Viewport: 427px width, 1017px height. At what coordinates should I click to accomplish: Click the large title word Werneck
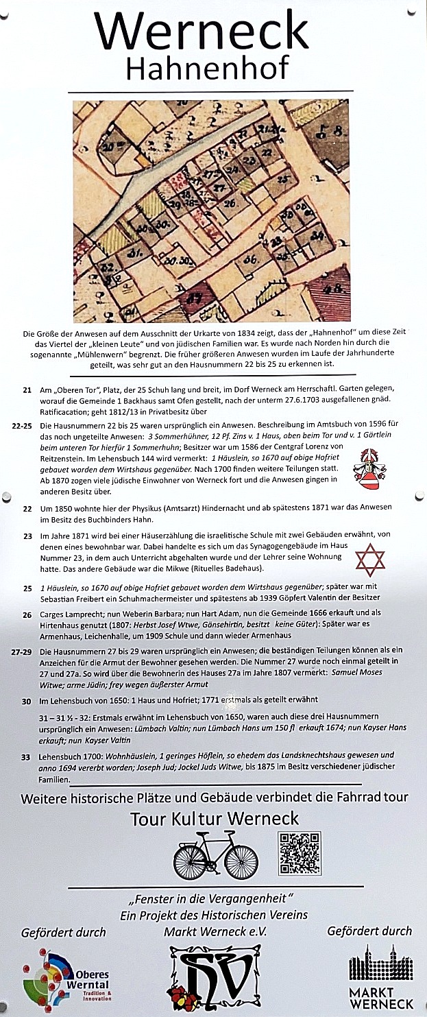click(202, 31)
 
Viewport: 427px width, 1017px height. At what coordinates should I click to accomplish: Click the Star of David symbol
click(369, 560)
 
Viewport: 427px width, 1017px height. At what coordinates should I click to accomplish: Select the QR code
click(300, 852)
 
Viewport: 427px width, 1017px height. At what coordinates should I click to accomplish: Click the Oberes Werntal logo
click(66, 977)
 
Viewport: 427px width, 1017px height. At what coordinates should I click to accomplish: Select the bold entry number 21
click(27, 390)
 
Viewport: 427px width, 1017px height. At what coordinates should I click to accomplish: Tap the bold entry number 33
click(26, 756)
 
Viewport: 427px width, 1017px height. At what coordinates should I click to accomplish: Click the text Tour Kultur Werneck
click(215, 818)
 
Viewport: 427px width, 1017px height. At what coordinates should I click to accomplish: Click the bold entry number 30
click(26, 701)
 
